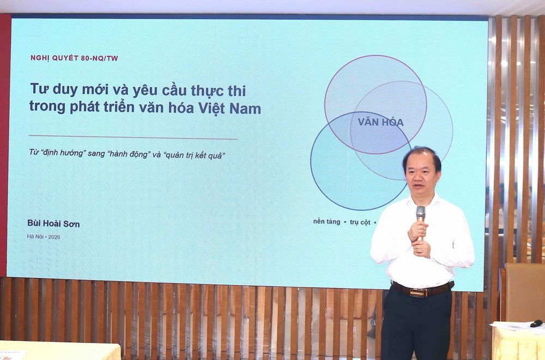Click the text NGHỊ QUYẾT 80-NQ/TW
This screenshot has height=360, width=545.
point(74,58)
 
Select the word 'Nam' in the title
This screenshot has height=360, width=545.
point(245,109)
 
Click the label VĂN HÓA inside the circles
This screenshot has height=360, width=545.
point(380,122)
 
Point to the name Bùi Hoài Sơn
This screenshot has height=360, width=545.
point(53,224)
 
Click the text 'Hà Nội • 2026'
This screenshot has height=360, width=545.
point(44,237)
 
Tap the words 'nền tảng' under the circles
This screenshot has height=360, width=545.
point(326,222)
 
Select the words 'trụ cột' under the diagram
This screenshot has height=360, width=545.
point(360,222)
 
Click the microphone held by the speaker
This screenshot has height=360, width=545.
point(421,220)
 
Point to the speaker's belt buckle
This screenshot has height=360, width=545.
point(419,292)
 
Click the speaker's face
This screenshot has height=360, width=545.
point(422,175)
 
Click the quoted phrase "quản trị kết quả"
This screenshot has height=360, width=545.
point(194,155)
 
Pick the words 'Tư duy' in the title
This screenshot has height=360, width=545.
point(54,89)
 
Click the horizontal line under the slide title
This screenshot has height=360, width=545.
point(133,137)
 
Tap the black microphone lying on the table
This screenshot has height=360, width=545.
point(536,323)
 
